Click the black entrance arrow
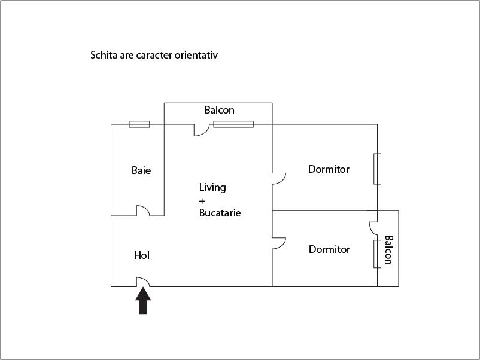143,301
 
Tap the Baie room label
141,170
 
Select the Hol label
142,255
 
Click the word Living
212,188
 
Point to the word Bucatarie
220,212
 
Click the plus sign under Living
202,200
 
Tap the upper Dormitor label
329,169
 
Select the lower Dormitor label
329,249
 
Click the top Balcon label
220,110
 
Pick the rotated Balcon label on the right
388,249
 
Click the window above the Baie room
139,124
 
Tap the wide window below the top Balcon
233,124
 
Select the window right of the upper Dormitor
377,169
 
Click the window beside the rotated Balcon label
377,254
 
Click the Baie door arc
143,210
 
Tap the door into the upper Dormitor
278,178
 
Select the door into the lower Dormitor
278,243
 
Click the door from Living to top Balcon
200,130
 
